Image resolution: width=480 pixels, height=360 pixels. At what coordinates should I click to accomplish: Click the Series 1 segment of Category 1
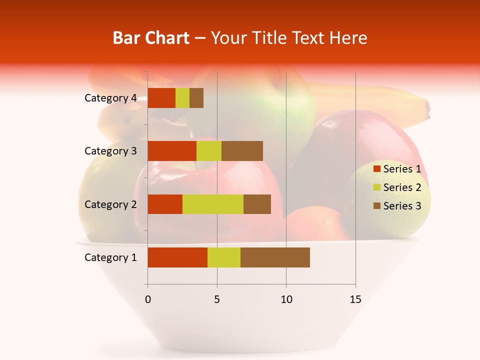(x=177, y=257)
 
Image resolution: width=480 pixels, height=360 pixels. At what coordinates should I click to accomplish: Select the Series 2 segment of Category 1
(x=224, y=257)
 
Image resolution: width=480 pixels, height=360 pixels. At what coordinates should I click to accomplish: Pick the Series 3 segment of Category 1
(x=275, y=257)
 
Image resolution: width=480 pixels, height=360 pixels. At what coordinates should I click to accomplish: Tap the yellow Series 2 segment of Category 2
(x=213, y=204)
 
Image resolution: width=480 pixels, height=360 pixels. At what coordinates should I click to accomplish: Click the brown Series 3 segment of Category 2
(x=257, y=204)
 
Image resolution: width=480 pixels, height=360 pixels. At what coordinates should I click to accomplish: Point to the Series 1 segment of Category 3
(x=172, y=151)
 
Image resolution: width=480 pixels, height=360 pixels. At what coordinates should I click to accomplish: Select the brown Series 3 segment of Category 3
(x=242, y=151)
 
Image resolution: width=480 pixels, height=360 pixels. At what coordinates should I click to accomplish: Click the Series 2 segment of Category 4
(x=182, y=98)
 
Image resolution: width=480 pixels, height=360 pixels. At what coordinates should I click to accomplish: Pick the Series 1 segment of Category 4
(x=161, y=98)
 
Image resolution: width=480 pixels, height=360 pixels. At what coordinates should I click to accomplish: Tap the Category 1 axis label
(x=110, y=257)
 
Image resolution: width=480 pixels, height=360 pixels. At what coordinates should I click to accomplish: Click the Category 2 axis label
(x=110, y=204)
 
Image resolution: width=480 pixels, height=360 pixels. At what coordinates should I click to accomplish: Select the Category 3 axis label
(x=110, y=151)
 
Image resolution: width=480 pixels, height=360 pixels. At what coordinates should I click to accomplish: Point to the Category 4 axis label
(x=110, y=98)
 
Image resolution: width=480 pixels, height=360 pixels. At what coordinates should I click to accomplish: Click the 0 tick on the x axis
(x=147, y=299)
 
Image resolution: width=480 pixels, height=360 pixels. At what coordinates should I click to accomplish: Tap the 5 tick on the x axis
(x=217, y=299)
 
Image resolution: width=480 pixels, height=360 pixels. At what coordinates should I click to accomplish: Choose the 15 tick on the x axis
(x=355, y=299)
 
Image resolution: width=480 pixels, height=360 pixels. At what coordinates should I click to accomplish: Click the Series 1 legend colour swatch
(x=376, y=169)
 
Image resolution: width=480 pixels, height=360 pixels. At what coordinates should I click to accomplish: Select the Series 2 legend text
(x=402, y=187)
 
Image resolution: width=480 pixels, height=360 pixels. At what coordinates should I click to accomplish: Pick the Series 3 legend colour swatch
(x=376, y=206)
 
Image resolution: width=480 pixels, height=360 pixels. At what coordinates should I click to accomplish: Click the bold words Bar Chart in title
(x=151, y=38)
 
